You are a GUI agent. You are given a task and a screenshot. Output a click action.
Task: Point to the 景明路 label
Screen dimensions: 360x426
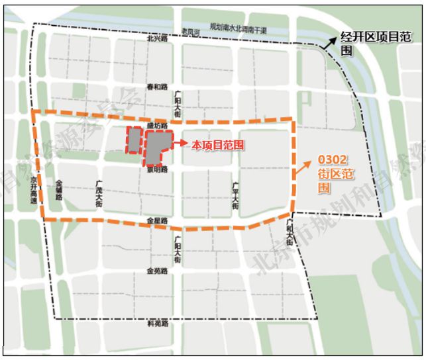(158, 169)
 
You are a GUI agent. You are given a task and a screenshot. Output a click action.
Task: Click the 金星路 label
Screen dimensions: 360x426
(158, 220)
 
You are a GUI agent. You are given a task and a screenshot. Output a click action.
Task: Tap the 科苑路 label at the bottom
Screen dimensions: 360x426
(158, 324)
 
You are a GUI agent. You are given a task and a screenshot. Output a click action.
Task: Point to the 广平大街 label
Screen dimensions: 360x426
(235, 196)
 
